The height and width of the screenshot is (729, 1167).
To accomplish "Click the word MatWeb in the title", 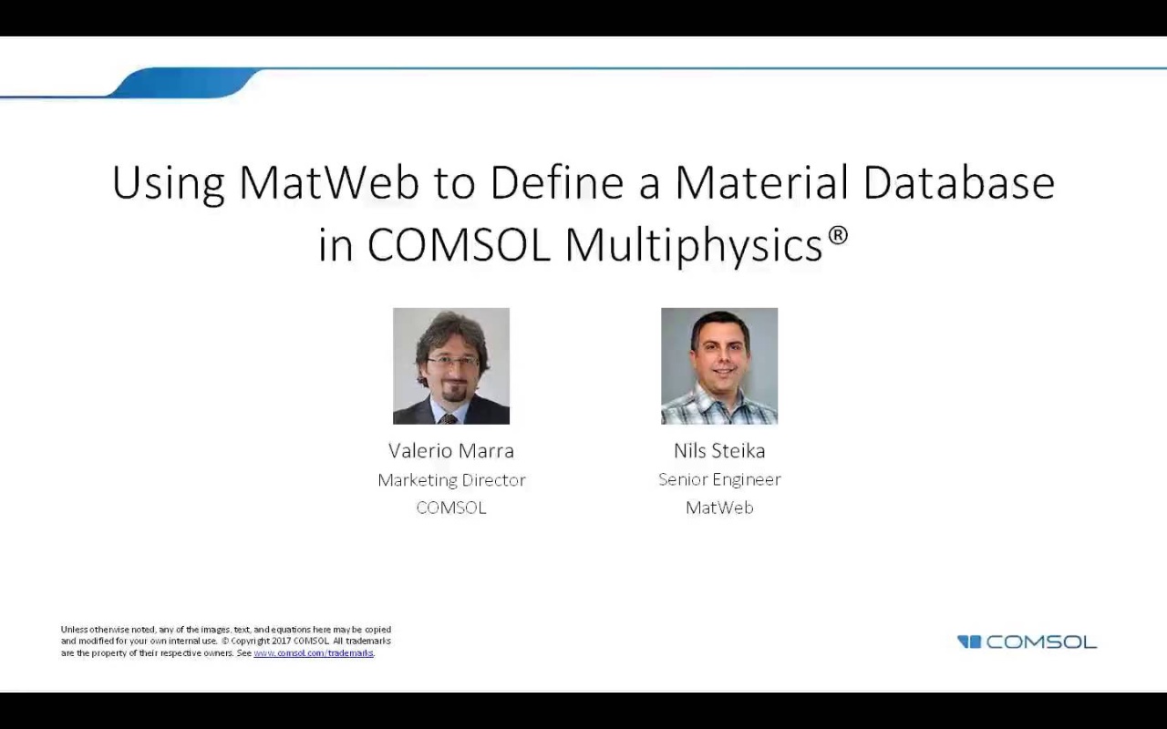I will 328,182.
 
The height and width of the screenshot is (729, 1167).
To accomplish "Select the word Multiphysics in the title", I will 694,244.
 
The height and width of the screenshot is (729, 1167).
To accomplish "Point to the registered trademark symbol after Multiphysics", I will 838,235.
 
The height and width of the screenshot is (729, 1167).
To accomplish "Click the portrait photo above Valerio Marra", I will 451,366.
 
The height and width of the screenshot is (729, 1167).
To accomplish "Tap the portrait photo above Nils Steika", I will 719,366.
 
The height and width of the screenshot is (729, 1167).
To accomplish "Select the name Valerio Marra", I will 451,450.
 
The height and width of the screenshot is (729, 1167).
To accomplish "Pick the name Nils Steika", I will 719,450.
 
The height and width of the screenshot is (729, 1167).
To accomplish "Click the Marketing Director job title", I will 451,479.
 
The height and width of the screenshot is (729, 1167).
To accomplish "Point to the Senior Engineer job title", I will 719,479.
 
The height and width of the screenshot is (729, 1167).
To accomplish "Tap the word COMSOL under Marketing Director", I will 451,508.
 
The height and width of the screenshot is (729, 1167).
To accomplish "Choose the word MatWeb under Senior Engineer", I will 719,508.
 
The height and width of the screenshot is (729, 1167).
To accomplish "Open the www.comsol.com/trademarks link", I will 314,653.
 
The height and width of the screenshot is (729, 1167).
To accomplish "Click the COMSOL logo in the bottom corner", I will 1028,642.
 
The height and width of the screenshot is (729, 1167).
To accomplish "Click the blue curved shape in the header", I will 182,83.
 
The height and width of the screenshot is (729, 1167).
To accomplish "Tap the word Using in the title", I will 168,182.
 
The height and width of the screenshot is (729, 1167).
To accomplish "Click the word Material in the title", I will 762,182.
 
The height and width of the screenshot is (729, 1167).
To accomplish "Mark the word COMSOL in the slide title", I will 459,244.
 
